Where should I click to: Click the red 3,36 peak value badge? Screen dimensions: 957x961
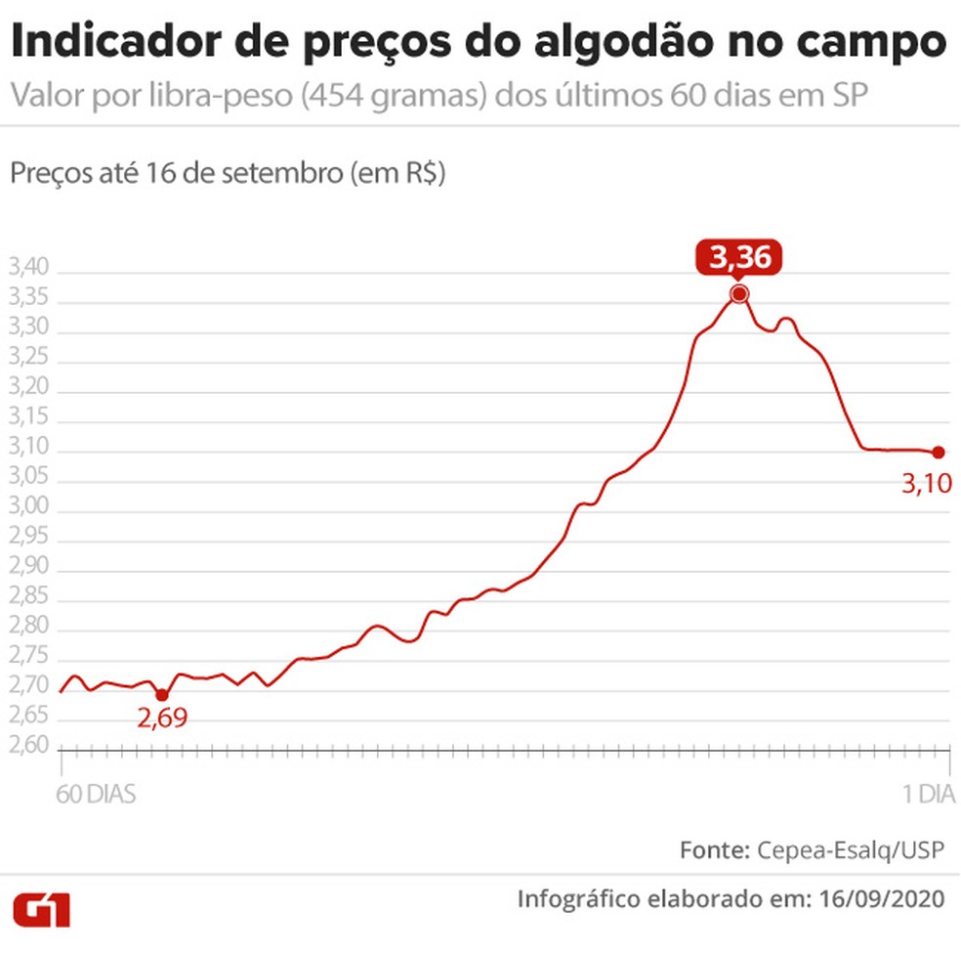(x=739, y=259)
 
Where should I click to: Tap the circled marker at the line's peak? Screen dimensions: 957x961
(x=739, y=294)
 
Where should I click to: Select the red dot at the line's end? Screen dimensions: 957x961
(x=939, y=452)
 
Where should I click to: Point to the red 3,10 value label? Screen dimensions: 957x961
(x=927, y=483)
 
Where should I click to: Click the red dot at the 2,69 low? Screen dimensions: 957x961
(x=161, y=695)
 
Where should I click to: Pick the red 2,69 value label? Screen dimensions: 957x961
(x=161, y=719)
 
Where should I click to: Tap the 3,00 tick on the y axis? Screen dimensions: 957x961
(x=28, y=510)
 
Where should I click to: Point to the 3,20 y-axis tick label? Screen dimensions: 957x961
(x=28, y=391)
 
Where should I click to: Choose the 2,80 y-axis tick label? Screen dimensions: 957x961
(x=28, y=630)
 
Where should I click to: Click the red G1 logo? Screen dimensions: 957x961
(x=41, y=909)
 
